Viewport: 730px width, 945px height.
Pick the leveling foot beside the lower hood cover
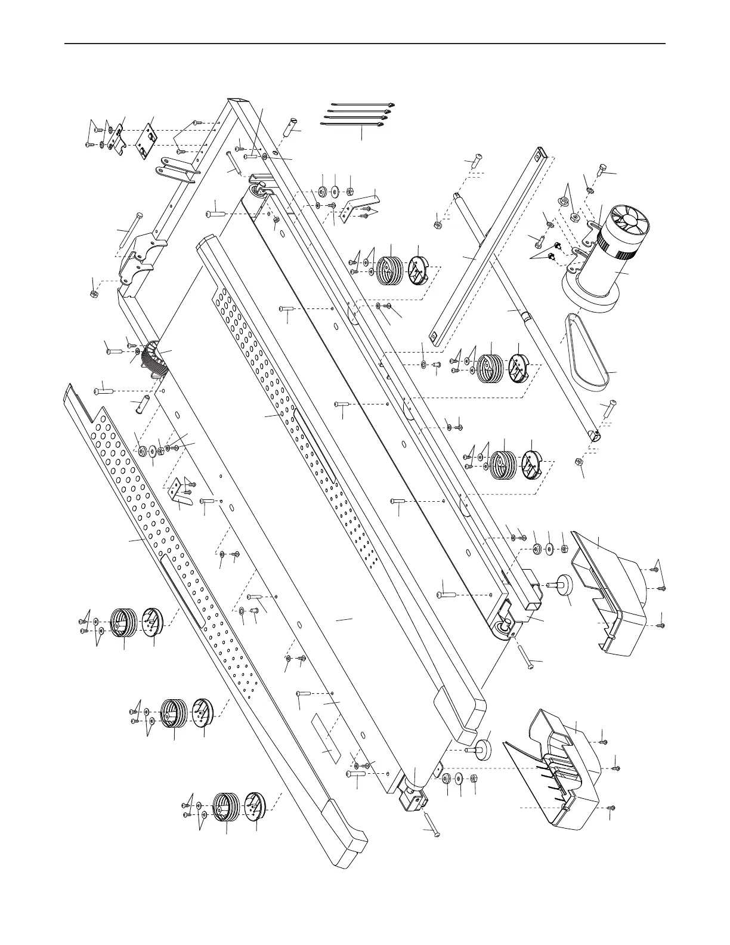point(482,748)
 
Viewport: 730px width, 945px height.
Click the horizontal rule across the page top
point(365,44)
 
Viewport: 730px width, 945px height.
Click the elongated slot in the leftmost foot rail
point(182,591)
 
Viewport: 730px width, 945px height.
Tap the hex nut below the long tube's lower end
point(578,462)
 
